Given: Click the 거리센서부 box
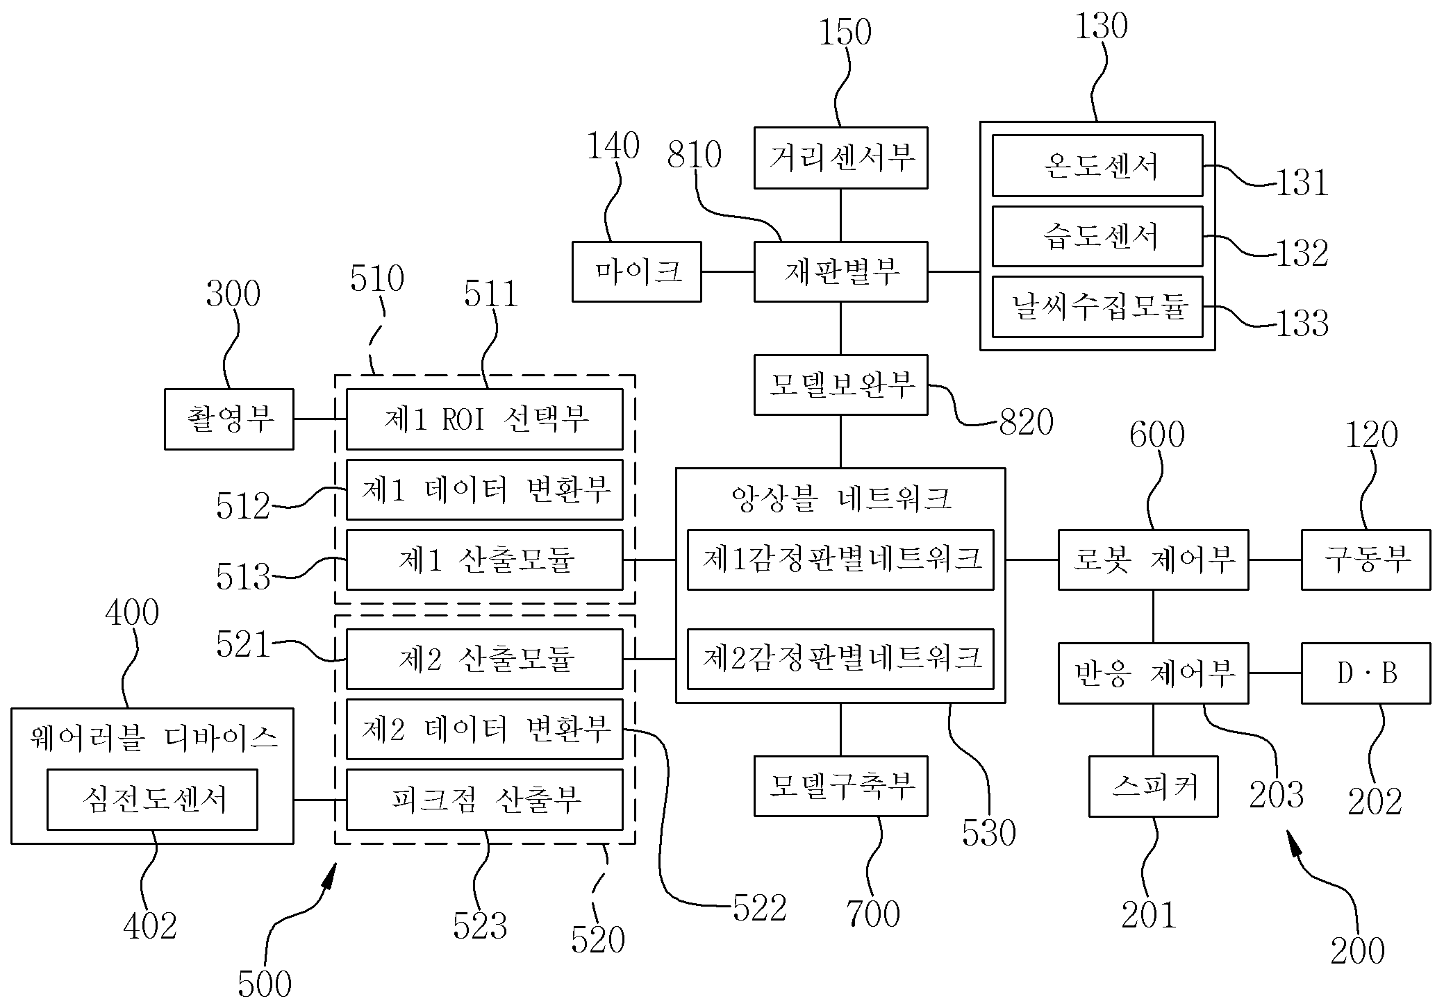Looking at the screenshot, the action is pyautogui.click(x=840, y=158).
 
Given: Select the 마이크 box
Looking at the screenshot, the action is pyautogui.click(x=636, y=271).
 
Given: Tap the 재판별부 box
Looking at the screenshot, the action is pyautogui.click(x=840, y=271).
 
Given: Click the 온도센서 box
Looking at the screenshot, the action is pyautogui.click(x=1097, y=165).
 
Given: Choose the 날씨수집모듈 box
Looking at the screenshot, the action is pyautogui.click(x=1097, y=307).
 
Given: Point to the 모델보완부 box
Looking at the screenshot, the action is pyautogui.click(x=840, y=385).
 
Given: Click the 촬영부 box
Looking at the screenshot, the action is pyautogui.click(x=229, y=419).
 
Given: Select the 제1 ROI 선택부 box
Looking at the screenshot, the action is pyautogui.click(x=484, y=419).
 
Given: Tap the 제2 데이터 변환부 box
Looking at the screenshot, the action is pyautogui.click(x=484, y=730).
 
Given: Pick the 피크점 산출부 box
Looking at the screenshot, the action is pyautogui.click(x=484, y=800).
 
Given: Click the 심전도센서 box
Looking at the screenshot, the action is pyautogui.click(x=152, y=800).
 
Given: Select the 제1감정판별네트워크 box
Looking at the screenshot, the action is pyautogui.click(x=840, y=560).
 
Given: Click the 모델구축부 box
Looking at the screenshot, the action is pyautogui.click(x=840, y=786).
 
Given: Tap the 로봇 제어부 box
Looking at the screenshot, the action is pyautogui.click(x=1153, y=560).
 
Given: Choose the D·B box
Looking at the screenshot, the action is pyautogui.click(x=1366, y=673).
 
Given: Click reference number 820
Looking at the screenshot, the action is pyautogui.click(x=1027, y=421).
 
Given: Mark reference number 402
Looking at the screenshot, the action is pyautogui.click(x=150, y=926).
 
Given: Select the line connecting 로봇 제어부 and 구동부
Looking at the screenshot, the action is pyautogui.click(x=1275, y=560).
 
